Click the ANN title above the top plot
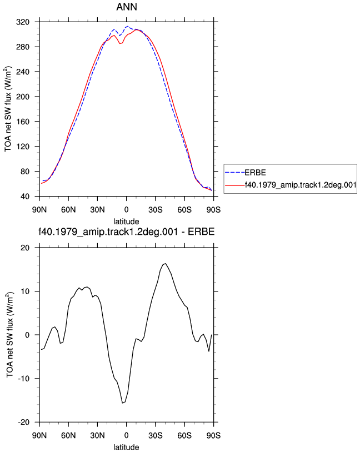coord(127,7)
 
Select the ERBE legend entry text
coord(255,173)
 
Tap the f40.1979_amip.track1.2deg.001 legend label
coord(301,185)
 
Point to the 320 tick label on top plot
coord(23,22)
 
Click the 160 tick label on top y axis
coord(23,122)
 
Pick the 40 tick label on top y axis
coord(25,197)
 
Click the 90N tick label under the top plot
coord(39,210)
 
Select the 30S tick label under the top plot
coord(155,210)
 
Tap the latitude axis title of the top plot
coord(126,222)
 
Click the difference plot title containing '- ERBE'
coord(127,231)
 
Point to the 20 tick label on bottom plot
coord(25,248)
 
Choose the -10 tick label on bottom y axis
coord(24,379)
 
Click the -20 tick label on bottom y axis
coord(24,422)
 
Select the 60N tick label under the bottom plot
coord(68,435)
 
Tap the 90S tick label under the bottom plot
coord(213,435)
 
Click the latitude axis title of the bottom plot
coord(126,447)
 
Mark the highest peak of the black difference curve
coord(165,264)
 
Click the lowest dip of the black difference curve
coord(122,402)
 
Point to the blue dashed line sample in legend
coord(235,173)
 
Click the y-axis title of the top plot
coord(8,109)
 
